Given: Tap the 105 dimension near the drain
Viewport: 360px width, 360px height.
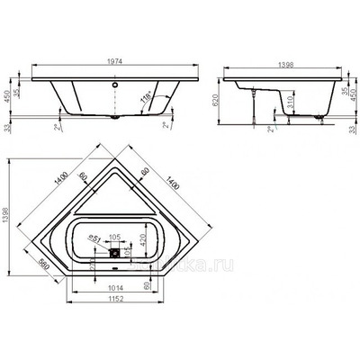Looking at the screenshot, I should tap(114, 238).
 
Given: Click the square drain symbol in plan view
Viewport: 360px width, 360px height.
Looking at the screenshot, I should tap(115, 253).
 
